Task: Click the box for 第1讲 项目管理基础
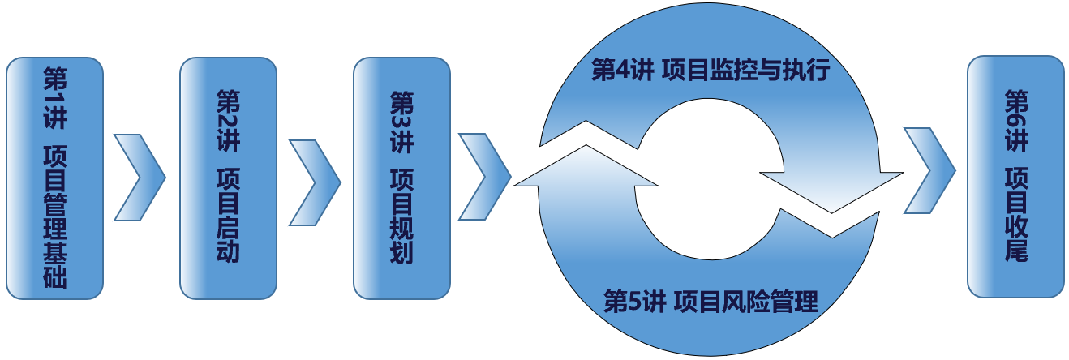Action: point(55,178)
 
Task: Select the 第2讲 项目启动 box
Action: point(228,178)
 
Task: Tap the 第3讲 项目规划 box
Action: point(401,178)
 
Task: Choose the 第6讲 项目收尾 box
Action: point(1015,176)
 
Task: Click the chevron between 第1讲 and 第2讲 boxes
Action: point(140,178)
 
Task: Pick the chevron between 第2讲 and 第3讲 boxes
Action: point(315,178)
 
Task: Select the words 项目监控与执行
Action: point(746,71)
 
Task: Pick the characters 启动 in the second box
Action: point(228,238)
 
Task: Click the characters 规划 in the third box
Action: point(401,238)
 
